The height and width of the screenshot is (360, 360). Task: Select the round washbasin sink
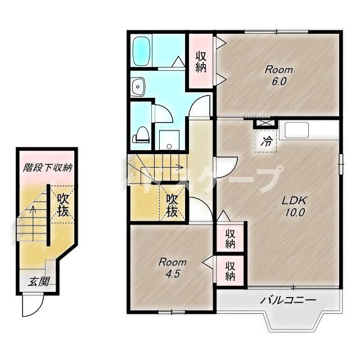pos(138,87)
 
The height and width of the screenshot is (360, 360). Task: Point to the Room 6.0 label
pos(279,75)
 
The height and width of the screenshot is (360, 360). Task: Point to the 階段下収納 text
pos(47,168)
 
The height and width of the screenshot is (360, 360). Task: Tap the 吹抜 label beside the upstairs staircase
pos(172,206)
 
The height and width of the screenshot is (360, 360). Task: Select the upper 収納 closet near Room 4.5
pos(231,238)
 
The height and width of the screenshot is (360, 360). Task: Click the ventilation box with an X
pos(263,122)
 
